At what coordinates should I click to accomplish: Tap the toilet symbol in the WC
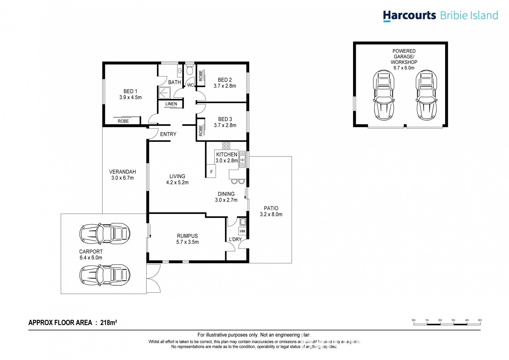coord(189,70)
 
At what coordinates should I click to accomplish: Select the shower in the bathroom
coord(164,92)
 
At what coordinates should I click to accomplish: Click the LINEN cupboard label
coord(171,104)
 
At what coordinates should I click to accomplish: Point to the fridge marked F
coord(211,172)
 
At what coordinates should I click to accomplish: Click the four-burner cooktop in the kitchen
coord(226,146)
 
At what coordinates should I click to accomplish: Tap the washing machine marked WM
coord(242,231)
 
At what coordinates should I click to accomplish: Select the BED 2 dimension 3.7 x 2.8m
coord(225,86)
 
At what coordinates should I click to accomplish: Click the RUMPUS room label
coord(187,236)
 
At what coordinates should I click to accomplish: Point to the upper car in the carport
coord(105,233)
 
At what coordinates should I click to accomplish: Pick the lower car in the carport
coord(105,274)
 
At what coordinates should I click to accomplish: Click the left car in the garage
coord(383,95)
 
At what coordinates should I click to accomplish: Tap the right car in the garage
coord(426,95)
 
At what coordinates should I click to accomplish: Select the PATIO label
coord(271,208)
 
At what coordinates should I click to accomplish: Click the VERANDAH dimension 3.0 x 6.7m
coord(122,178)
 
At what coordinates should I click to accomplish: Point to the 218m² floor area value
coord(109,322)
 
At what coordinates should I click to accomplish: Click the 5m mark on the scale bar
coord(480,320)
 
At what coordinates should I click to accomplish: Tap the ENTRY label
coord(168,134)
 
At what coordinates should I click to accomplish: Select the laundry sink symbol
coord(243,222)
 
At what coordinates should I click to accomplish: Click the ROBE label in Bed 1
coord(123,121)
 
